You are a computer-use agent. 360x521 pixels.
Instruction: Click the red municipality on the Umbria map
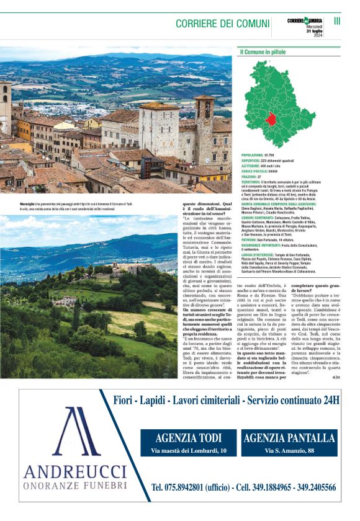(x=271, y=120)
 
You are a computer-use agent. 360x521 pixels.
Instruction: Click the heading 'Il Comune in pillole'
(x=264, y=51)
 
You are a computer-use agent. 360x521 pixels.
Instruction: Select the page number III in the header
(x=338, y=20)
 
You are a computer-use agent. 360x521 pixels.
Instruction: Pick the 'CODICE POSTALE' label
(x=254, y=171)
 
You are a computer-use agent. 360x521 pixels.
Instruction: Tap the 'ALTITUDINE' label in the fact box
(x=252, y=166)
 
